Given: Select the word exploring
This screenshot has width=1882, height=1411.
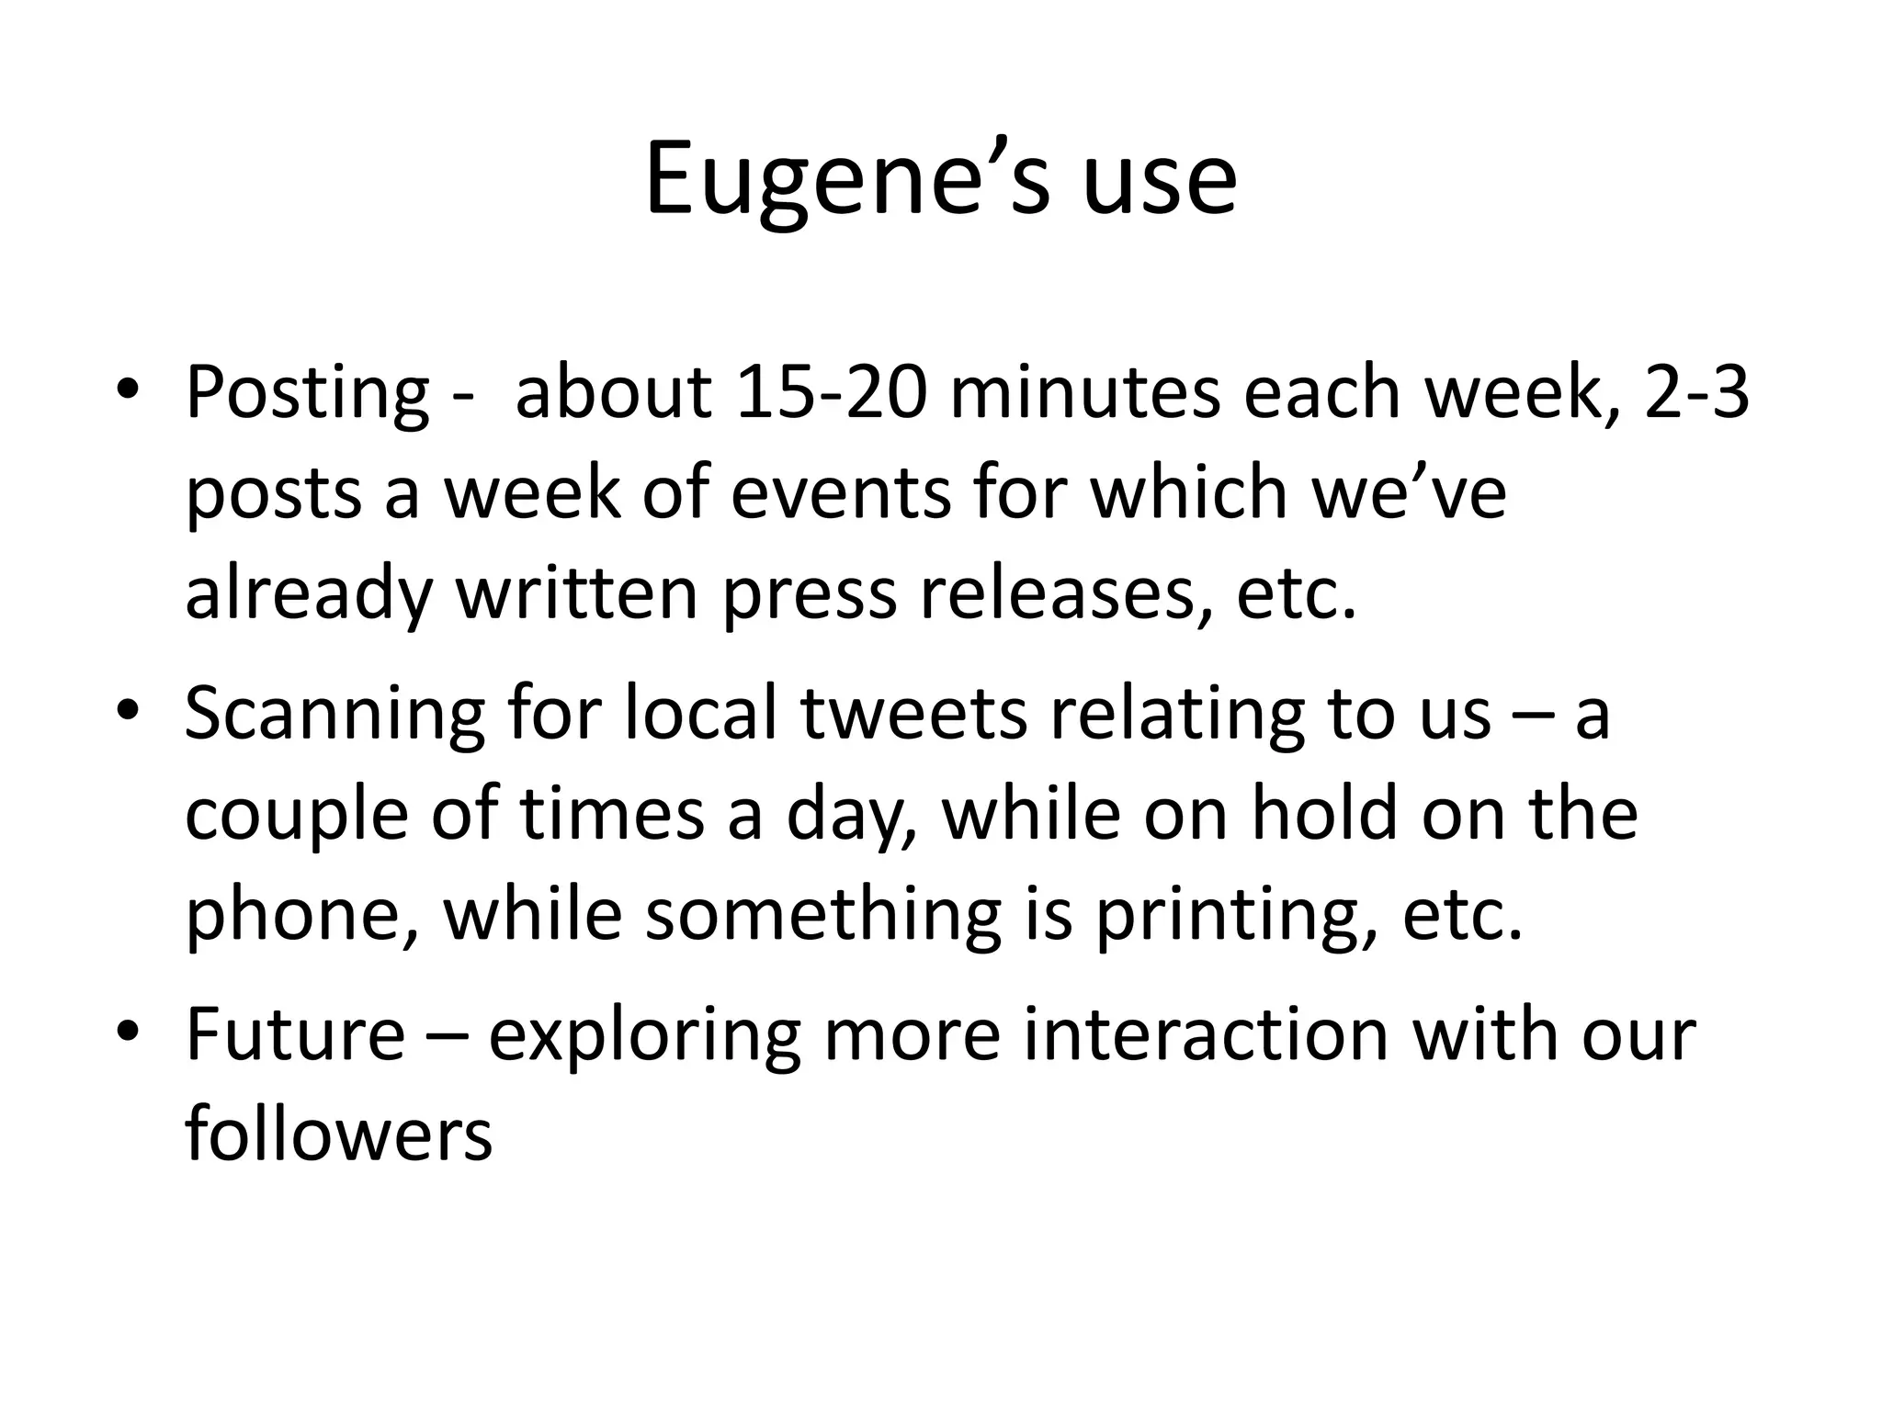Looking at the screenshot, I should (x=644, y=1035).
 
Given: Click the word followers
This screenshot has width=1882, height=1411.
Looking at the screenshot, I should (x=338, y=1134).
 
